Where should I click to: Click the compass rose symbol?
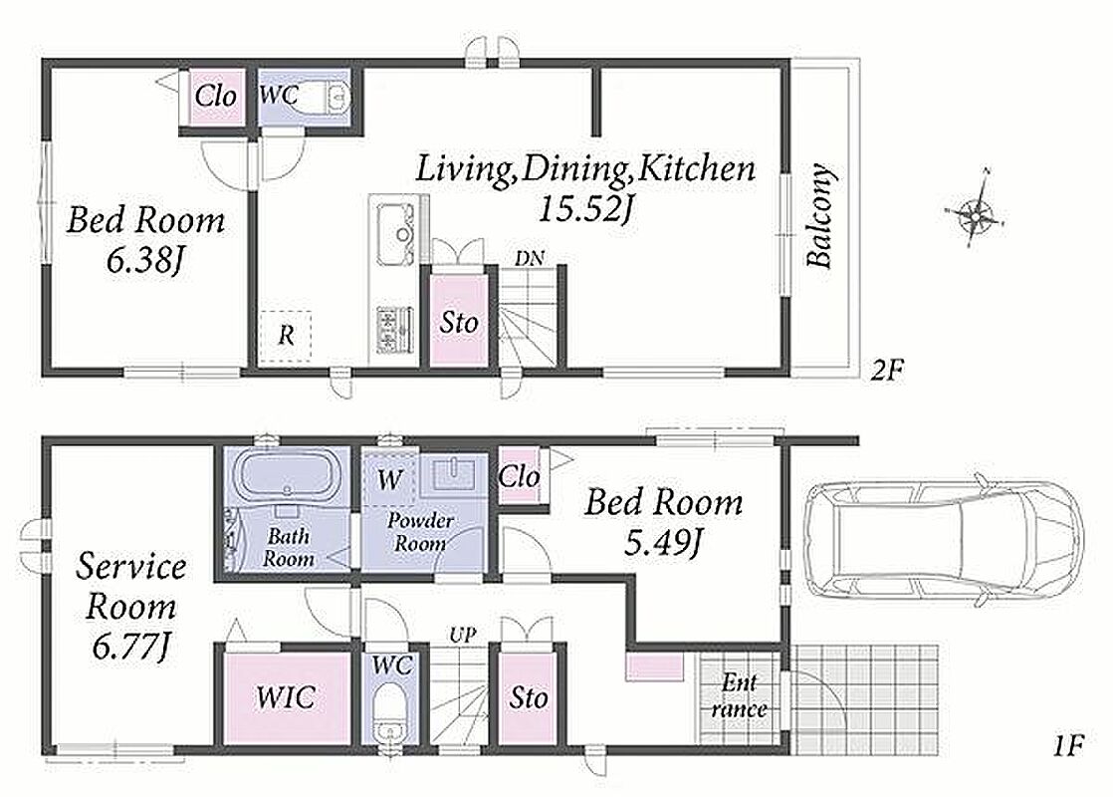coord(976,210)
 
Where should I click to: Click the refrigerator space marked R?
coord(286,336)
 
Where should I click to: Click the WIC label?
coord(286,696)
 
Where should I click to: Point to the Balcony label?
coord(820,215)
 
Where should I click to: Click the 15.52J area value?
coord(585,208)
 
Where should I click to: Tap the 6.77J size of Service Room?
coord(130,646)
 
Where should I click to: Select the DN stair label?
coord(530,259)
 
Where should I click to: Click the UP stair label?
coord(462,635)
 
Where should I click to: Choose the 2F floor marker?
coord(887,370)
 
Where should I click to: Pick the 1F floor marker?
coord(1067,746)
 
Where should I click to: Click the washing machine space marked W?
coord(389,479)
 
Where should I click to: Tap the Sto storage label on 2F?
coord(459,323)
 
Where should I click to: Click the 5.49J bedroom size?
coord(664,543)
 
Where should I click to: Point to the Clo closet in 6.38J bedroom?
coord(215,96)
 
